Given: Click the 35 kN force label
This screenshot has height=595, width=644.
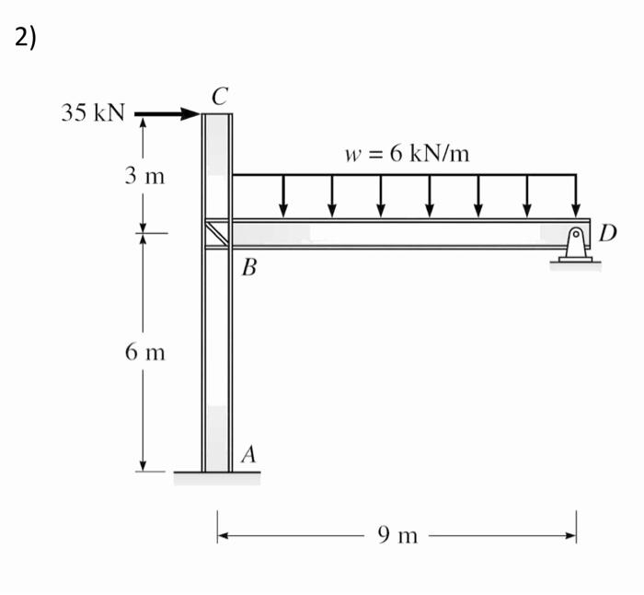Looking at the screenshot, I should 92,113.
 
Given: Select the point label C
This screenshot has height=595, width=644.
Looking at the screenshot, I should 219,94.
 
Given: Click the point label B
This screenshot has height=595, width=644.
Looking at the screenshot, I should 248,270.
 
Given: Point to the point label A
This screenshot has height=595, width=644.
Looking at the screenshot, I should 248,454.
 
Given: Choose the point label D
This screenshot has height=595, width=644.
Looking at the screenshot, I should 608,230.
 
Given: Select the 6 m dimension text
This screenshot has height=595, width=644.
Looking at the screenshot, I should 144,352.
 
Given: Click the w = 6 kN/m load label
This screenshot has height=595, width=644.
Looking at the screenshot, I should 407,153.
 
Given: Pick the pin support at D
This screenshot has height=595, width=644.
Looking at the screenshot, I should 575,247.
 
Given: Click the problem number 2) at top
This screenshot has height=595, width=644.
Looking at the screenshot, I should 25,38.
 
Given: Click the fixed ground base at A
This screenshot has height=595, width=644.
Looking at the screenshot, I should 217,477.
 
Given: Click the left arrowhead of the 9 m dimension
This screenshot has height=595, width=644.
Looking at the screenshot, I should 223,534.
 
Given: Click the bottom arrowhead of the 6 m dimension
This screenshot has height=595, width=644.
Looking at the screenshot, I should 143,466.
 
